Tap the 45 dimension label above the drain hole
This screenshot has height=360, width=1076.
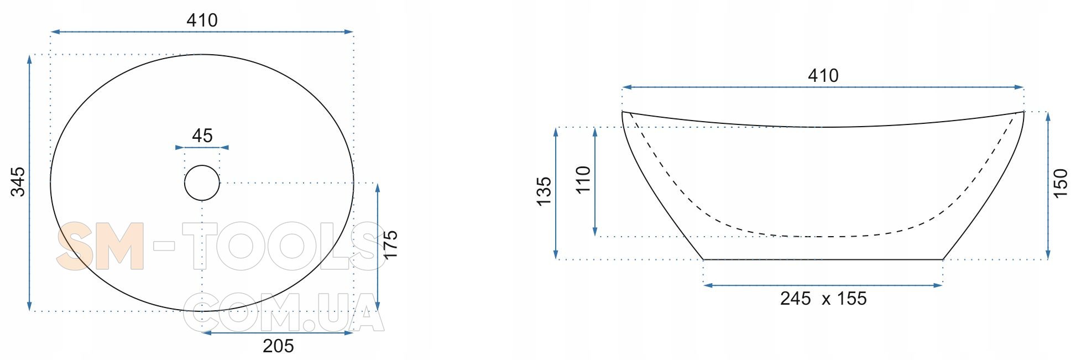click(x=202, y=135)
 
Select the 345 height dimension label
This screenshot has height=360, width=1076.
click(x=18, y=181)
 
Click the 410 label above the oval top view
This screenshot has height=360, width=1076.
click(x=202, y=20)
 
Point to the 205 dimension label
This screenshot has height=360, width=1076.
click(x=278, y=346)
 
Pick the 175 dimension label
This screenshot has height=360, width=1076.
click(x=390, y=245)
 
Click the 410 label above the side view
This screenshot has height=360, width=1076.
click(x=823, y=76)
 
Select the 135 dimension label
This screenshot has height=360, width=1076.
click(x=544, y=191)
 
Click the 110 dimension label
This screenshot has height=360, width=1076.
click(x=583, y=180)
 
